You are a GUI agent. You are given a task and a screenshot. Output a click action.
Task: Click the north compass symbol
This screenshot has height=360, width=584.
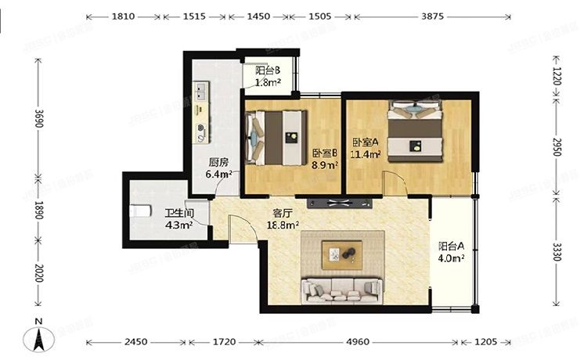click(x=38, y=337)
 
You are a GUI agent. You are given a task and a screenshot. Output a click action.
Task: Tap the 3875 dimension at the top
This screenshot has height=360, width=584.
click(x=432, y=16)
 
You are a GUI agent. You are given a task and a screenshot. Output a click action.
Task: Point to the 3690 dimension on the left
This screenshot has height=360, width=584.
click(x=38, y=118)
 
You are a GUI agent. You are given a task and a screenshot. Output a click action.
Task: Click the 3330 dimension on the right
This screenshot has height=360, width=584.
click(x=557, y=251)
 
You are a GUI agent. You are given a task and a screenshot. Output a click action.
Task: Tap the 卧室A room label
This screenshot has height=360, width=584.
click(x=366, y=142)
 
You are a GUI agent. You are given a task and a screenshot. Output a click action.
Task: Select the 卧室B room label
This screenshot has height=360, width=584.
click(x=325, y=153)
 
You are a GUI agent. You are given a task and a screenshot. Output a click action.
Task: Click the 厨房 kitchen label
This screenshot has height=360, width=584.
click(x=218, y=162)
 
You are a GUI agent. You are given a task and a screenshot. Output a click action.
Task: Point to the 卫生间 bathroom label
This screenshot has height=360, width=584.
click(x=179, y=214)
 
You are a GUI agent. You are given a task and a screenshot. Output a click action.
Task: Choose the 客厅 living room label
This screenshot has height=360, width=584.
click(x=283, y=214)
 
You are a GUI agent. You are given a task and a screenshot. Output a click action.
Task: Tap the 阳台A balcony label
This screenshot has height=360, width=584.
click(x=451, y=246)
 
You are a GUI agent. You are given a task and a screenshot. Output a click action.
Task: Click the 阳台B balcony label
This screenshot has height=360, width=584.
click(x=268, y=70)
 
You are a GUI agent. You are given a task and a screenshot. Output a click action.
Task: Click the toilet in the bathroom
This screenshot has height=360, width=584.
click(x=140, y=211)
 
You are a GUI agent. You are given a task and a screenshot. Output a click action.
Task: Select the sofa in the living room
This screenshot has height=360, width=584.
click(x=342, y=290)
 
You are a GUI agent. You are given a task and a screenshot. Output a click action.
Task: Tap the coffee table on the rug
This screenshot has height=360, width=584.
click(x=342, y=255)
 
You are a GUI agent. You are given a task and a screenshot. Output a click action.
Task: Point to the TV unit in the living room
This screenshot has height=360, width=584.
click(x=340, y=203)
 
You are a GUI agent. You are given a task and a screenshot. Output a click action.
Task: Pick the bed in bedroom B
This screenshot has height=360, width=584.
click(x=276, y=138)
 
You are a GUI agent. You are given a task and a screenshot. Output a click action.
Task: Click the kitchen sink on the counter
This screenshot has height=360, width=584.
click(x=201, y=92)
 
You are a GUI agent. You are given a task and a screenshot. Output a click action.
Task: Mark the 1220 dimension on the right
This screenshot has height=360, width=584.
click(x=557, y=77)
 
